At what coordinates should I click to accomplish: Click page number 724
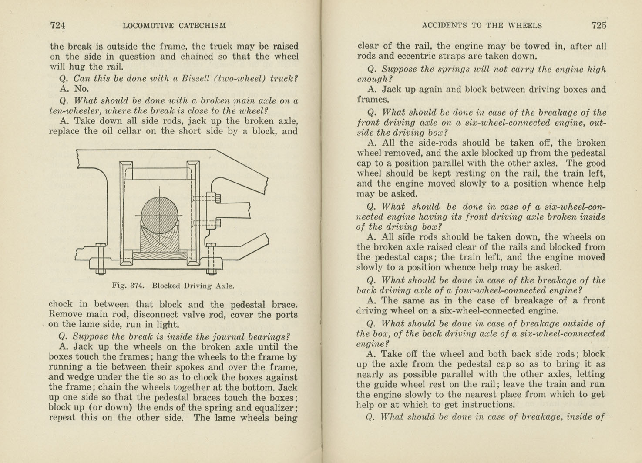click(58, 25)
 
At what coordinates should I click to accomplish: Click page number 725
click(599, 25)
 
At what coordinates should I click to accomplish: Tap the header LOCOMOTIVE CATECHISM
click(174, 26)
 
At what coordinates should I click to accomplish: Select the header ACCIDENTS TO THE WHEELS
click(482, 26)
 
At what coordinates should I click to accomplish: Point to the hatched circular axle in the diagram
click(160, 215)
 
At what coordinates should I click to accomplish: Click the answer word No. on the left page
click(81, 89)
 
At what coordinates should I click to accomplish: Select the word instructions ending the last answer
click(487, 405)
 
